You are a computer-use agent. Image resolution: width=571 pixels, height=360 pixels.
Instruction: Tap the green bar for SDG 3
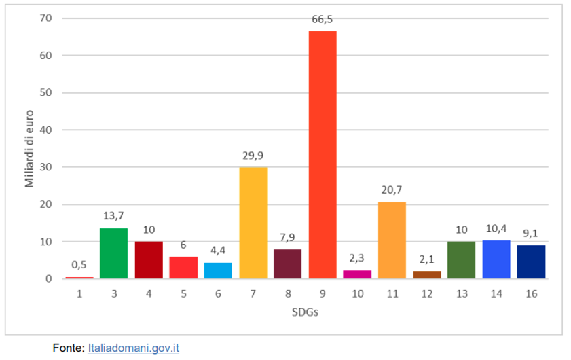(x=113, y=253)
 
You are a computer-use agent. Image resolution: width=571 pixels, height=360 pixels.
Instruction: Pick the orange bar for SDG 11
(x=392, y=240)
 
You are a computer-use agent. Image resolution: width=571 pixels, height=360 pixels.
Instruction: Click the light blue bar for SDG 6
(x=218, y=270)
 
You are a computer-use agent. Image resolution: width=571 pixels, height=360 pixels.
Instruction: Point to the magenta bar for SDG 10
(x=357, y=274)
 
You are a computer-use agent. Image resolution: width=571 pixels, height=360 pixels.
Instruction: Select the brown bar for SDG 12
(x=427, y=274)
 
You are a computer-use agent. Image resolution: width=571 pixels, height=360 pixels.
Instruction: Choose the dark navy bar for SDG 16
(x=531, y=262)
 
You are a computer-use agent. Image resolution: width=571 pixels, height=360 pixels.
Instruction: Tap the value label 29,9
(x=253, y=156)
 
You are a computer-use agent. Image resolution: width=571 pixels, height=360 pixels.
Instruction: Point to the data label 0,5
(x=79, y=266)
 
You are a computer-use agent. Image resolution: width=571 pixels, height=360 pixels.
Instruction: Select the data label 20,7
(x=392, y=191)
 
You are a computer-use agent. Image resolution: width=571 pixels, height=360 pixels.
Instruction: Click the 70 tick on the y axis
(x=47, y=18)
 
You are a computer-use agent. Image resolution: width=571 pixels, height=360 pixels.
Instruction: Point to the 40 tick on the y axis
(x=47, y=130)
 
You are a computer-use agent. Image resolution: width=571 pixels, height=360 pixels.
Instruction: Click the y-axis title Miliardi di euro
(x=30, y=147)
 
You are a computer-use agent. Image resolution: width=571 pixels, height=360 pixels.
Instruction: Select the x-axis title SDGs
(x=305, y=312)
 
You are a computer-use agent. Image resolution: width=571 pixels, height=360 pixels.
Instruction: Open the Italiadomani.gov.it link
(x=133, y=348)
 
